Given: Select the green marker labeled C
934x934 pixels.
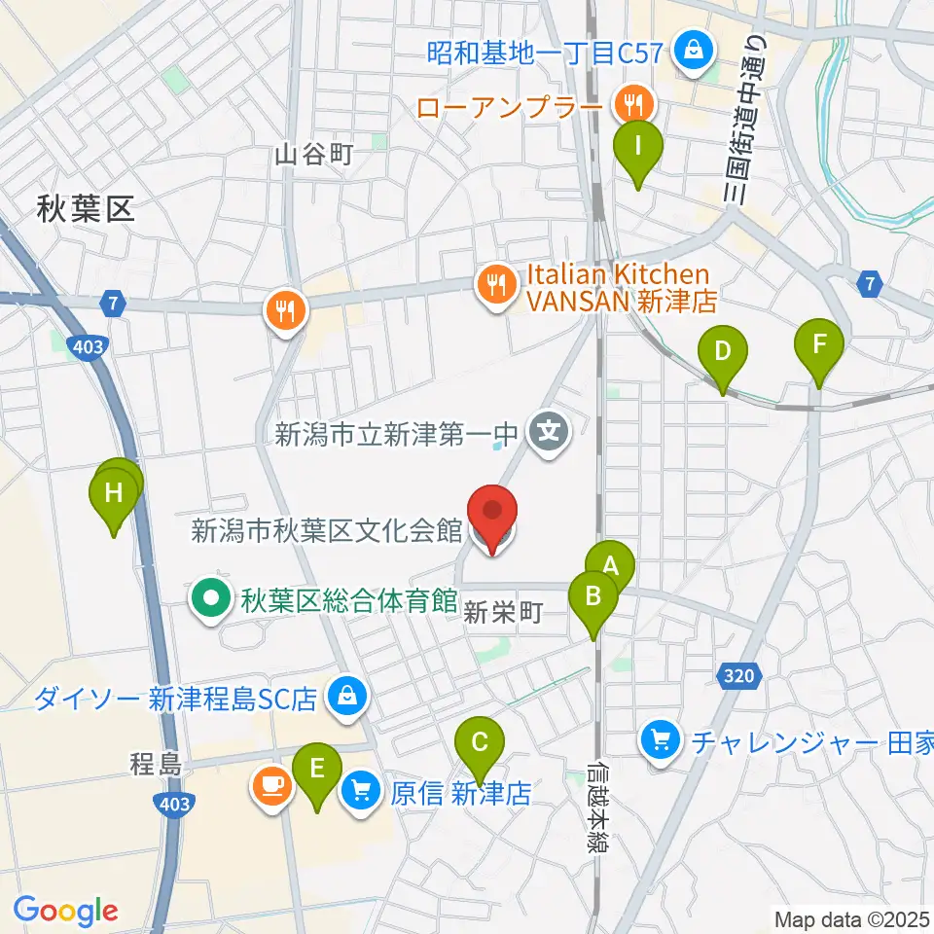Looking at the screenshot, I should [x=480, y=743].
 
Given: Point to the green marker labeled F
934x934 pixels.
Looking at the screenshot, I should [x=819, y=344].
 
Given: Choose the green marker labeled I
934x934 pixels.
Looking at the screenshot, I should [x=638, y=146].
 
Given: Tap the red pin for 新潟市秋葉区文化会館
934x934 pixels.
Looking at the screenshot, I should [x=493, y=513].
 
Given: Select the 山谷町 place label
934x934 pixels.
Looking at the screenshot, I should [x=312, y=154].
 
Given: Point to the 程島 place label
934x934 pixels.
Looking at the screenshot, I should [x=156, y=766].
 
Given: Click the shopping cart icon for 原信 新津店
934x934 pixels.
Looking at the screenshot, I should [x=361, y=789].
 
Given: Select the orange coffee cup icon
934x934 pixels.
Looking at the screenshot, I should [x=270, y=785].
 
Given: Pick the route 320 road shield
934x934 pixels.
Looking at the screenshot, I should [x=737, y=673].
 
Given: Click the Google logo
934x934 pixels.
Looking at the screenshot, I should [x=65, y=911].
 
